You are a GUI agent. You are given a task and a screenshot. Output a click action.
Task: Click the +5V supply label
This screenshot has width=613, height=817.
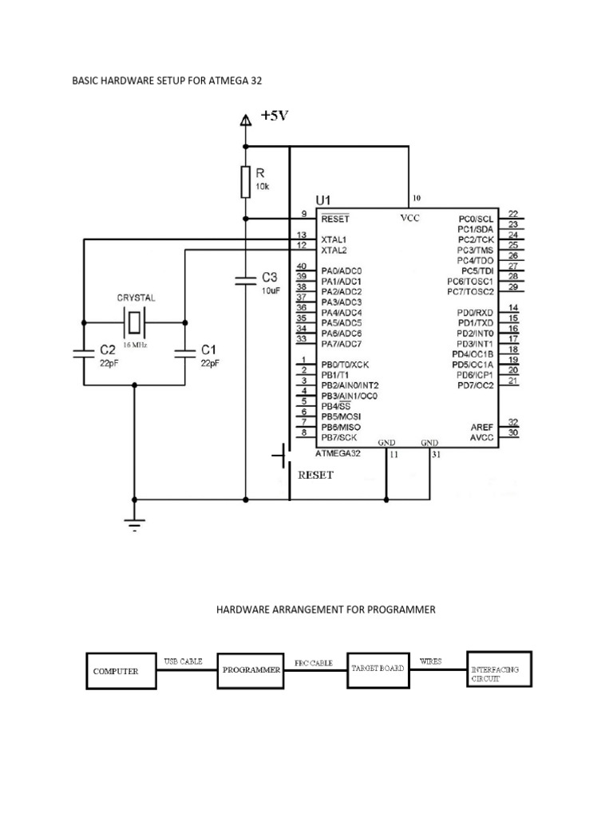click(x=274, y=116)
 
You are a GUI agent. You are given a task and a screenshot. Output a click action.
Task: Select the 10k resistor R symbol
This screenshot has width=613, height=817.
click(x=246, y=182)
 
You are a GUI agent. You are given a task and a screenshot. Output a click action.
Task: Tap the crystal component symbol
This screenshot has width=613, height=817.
click(x=136, y=323)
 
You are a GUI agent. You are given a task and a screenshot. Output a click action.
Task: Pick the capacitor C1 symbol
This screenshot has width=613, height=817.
click(x=185, y=353)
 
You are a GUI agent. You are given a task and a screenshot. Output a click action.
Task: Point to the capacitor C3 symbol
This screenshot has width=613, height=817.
click(x=246, y=280)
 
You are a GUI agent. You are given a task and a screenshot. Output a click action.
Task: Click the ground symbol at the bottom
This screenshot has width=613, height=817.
click(x=134, y=524)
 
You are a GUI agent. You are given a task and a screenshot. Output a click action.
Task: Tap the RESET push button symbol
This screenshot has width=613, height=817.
click(x=281, y=457)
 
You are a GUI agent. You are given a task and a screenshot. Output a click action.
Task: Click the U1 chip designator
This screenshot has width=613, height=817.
click(x=327, y=199)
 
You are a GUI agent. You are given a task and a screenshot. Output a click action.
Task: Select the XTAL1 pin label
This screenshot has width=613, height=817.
click(x=334, y=239)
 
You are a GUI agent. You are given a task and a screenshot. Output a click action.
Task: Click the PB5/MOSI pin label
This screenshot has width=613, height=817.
click(x=341, y=416)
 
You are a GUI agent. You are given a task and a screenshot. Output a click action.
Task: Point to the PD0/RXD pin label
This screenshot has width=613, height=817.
click(x=477, y=312)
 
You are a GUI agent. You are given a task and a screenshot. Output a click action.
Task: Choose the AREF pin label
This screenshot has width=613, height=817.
click(x=483, y=427)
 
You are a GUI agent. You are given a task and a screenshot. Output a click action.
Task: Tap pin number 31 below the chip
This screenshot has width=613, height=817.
click(x=436, y=455)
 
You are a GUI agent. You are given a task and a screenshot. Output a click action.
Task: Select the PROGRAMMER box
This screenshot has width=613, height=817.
click(x=251, y=670)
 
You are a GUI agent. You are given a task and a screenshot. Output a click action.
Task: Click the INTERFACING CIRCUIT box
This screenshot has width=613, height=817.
click(x=498, y=669)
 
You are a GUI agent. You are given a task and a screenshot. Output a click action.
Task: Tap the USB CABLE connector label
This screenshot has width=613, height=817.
click(x=184, y=661)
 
